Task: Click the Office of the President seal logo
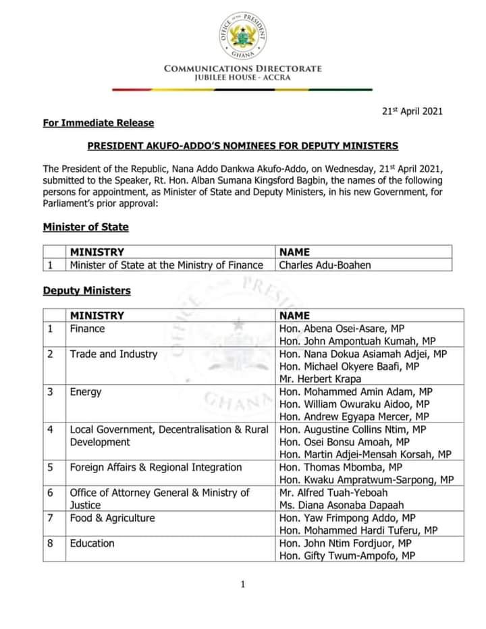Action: point(243,32)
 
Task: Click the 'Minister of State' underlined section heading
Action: point(86,227)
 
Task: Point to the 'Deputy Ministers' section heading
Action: point(87,291)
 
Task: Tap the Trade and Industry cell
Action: point(113,354)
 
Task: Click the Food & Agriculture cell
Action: point(112,518)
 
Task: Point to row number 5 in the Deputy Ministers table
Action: point(50,467)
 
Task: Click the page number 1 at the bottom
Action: point(243,584)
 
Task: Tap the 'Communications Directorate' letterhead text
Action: point(243,68)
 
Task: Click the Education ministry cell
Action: point(92,543)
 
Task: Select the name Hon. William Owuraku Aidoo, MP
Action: point(348,404)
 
